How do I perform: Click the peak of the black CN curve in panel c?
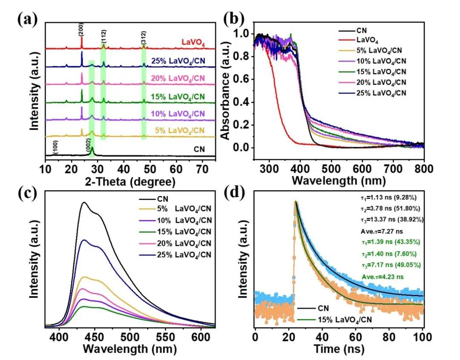pos(84,202)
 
